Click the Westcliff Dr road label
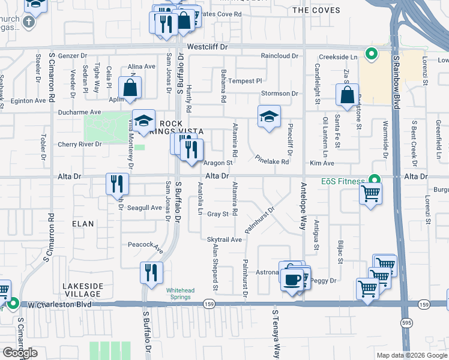coord(208,46)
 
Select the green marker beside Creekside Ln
coord(372,55)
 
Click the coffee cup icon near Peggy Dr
coord(292,280)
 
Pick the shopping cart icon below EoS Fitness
coord(371,194)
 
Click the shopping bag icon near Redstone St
coord(348,94)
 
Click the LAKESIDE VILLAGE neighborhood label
coord(84,290)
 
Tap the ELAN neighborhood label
coord(83,224)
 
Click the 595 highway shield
coord(406,322)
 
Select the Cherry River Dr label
coord(80,145)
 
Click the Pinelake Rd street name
coord(272,161)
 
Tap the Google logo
coord(19,353)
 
